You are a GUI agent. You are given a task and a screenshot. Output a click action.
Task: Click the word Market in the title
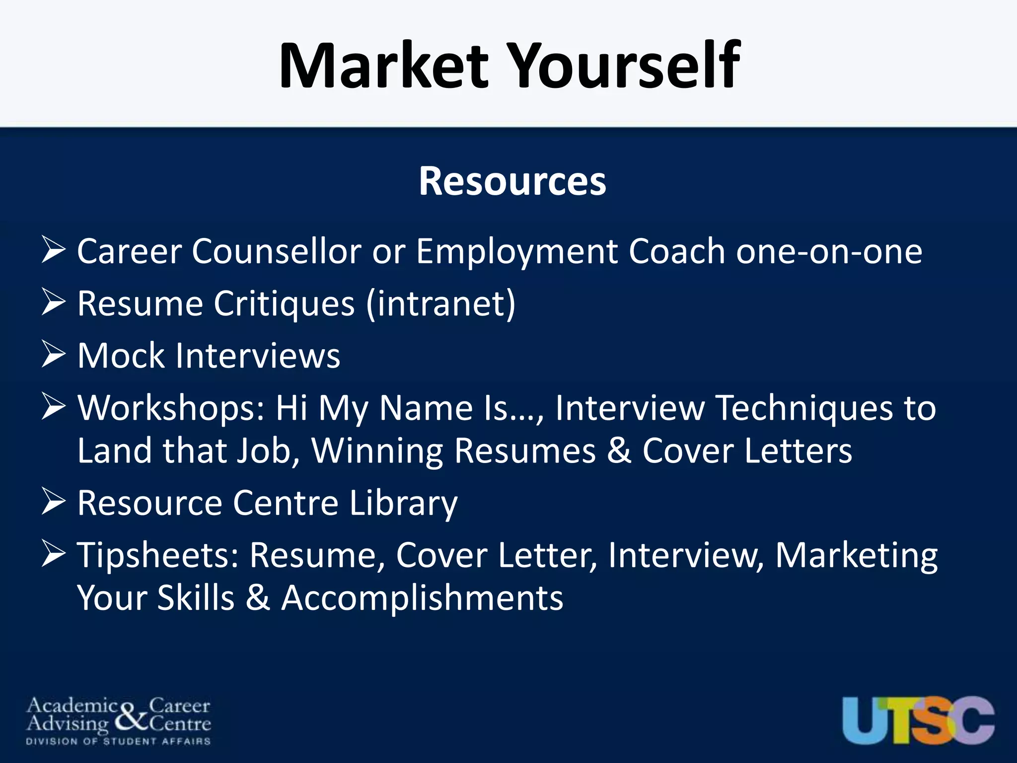[x=384, y=66]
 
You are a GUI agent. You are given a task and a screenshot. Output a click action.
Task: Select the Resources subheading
[x=512, y=181]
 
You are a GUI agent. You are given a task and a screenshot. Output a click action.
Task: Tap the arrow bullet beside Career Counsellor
[x=54, y=250]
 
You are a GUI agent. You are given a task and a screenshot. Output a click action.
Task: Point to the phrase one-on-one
[x=829, y=252]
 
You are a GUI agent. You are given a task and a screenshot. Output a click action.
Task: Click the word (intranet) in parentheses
[x=440, y=304]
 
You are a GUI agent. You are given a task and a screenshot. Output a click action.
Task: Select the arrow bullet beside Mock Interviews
[x=54, y=354]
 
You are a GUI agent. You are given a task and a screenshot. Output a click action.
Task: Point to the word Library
[x=403, y=503]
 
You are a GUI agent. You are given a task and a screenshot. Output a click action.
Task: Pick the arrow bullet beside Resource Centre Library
[x=54, y=501]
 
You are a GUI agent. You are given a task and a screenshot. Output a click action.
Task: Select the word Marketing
[x=856, y=555]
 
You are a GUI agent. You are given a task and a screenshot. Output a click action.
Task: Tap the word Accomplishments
[x=422, y=598]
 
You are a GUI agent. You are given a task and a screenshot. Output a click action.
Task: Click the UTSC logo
[x=918, y=720]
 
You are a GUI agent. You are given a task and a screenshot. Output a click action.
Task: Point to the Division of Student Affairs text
[x=118, y=742]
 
